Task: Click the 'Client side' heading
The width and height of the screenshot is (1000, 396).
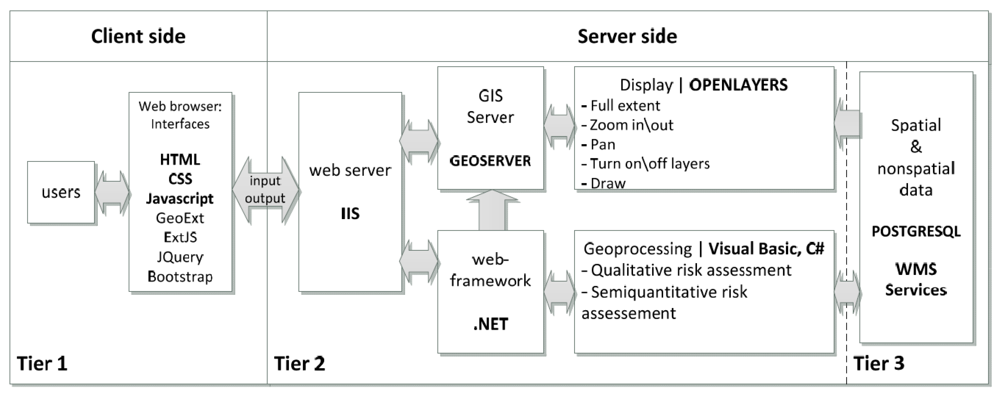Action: (x=138, y=36)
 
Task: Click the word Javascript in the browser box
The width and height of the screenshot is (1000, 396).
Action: (x=180, y=199)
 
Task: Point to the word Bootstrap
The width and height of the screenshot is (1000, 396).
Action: (x=180, y=277)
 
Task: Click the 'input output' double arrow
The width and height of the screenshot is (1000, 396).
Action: (x=265, y=190)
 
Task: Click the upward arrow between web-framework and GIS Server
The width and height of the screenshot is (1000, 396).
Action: (x=492, y=211)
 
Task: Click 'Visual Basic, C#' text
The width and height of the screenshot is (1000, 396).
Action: (x=766, y=249)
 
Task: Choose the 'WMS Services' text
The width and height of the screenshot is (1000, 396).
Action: (x=916, y=280)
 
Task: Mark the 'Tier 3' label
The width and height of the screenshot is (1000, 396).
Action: (x=879, y=364)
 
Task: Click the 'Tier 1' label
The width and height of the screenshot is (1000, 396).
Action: (x=42, y=364)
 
